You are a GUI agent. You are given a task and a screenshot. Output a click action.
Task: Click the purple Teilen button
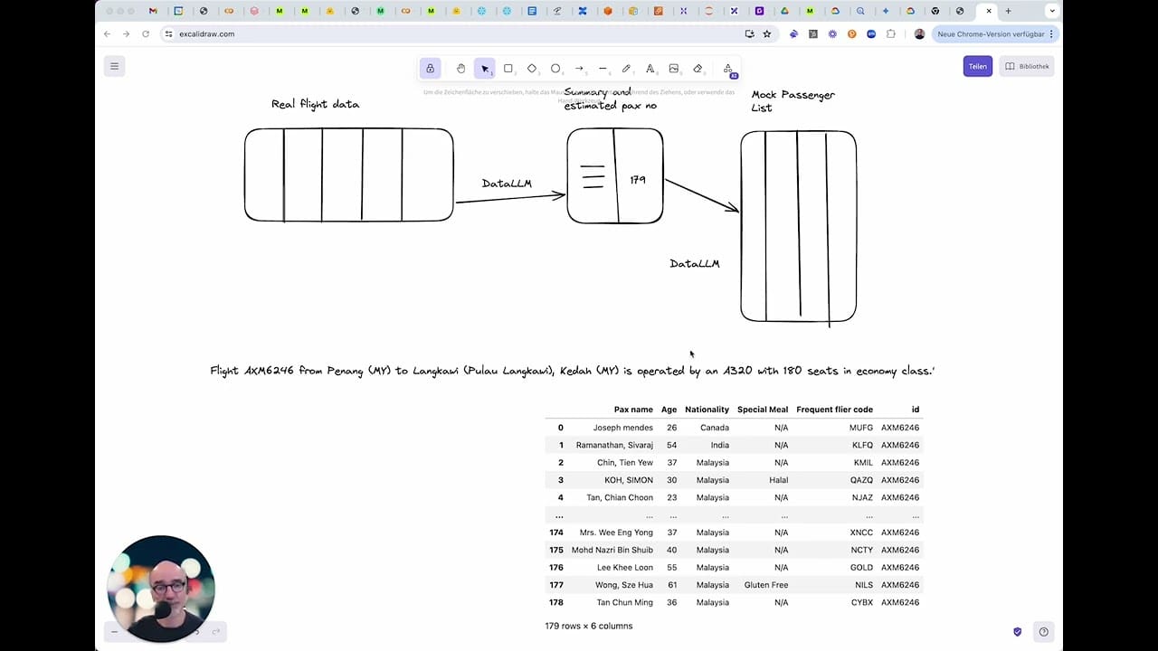point(977,66)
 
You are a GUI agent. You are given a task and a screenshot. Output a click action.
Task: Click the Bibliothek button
point(1028,66)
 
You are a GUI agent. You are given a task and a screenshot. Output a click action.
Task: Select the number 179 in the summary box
point(638,180)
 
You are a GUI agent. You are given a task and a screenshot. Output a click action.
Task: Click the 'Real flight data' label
point(315,104)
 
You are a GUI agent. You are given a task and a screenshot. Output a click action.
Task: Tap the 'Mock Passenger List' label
point(793,100)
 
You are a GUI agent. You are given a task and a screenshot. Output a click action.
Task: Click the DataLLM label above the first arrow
point(507,184)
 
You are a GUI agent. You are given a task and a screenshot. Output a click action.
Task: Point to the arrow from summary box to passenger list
point(702,195)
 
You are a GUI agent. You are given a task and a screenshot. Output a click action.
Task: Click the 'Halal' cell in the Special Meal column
point(778,480)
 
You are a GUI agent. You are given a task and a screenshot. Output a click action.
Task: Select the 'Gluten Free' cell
point(765,585)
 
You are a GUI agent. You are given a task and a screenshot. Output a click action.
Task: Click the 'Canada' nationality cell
point(714,428)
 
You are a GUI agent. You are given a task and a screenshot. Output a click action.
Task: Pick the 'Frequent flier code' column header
point(834,410)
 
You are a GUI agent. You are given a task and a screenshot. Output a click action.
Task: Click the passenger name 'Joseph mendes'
point(622,428)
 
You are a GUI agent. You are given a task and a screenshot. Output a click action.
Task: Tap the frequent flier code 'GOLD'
point(861,568)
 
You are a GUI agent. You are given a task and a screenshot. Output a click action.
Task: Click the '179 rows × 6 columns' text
point(588,626)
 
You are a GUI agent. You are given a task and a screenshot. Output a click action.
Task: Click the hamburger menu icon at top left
point(114,66)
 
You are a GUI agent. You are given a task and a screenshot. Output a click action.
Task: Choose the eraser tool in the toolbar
point(698,69)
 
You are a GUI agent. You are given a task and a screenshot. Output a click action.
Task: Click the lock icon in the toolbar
point(430,69)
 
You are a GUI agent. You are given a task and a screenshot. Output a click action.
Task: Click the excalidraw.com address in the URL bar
point(206,34)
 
